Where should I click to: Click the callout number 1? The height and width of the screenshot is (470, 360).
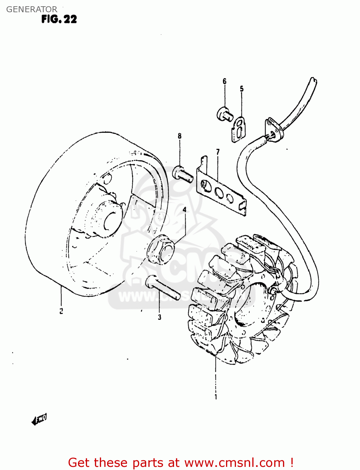[216, 397]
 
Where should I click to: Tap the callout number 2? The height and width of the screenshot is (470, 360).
[61, 311]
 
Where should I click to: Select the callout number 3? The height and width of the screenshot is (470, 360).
[159, 317]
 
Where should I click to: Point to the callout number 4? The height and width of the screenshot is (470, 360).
[185, 209]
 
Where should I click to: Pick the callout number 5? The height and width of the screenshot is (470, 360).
[242, 89]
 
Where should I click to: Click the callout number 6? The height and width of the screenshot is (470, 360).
[224, 81]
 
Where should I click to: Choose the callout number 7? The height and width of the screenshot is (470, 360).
[218, 152]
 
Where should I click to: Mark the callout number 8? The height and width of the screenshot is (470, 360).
[180, 136]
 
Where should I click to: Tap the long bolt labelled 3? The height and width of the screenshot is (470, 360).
[163, 287]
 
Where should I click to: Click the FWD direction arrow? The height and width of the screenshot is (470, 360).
[39, 419]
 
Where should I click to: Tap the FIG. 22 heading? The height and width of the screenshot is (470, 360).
[59, 19]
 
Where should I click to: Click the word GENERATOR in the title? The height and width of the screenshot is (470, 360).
[32, 9]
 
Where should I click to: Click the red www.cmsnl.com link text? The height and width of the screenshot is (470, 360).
[234, 462]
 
